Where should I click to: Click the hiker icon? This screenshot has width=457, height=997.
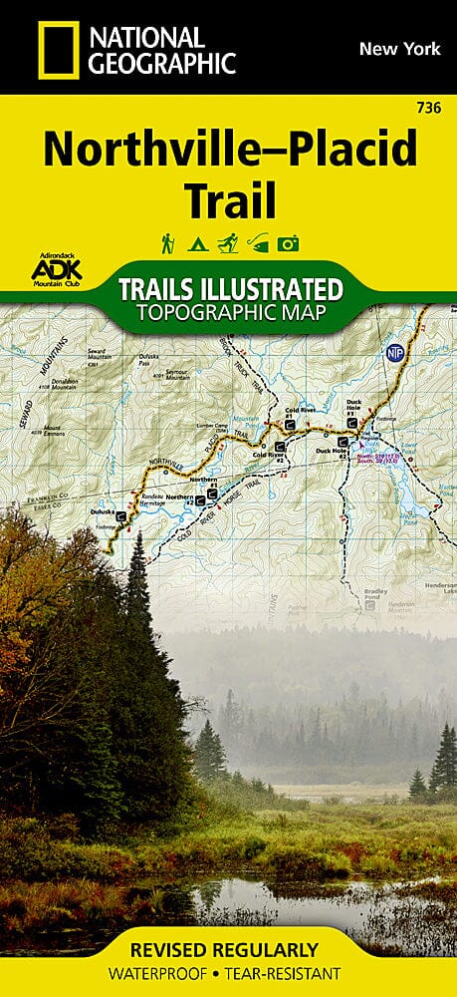[167, 241]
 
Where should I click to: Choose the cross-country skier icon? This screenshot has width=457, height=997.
[228, 241]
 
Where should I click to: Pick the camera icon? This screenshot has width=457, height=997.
[290, 242]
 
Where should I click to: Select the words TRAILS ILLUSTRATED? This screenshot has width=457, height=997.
[230, 290]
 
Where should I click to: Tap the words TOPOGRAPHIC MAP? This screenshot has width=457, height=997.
[230, 315]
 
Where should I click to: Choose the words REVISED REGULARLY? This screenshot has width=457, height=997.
[229, 948]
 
